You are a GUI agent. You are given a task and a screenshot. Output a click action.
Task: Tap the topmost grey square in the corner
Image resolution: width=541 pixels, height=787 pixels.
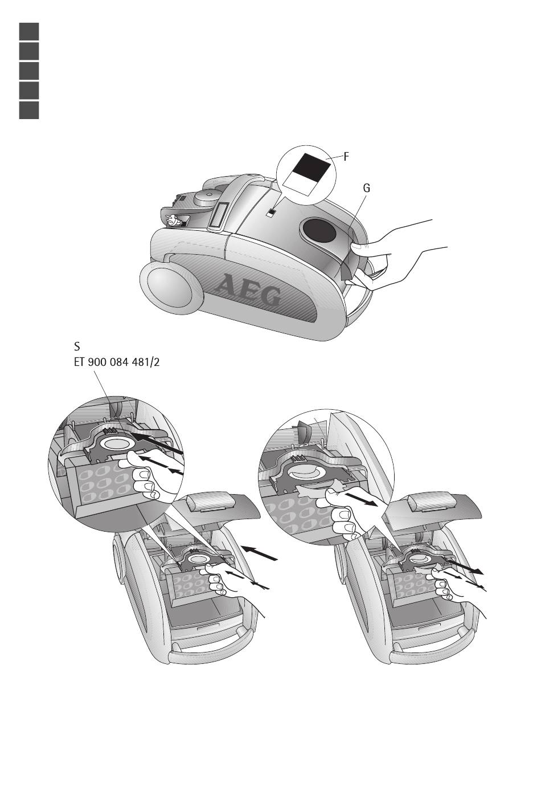29,31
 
